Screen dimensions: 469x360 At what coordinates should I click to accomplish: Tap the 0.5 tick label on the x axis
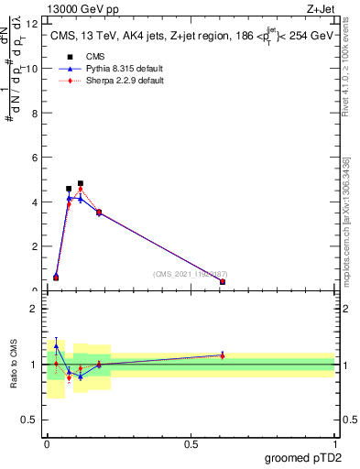(191, 443)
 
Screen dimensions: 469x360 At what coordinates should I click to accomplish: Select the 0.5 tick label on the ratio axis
(30, 420)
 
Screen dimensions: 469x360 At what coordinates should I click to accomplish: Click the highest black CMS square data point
(81, 183)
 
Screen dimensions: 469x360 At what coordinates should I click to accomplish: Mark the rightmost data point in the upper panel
(223, 282)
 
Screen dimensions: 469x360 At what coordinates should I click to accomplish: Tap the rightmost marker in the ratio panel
(223, 355)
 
